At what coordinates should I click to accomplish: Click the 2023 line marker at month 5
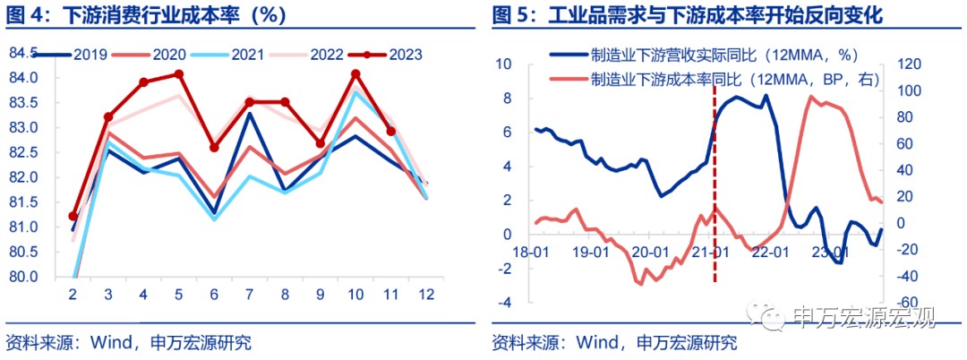coord(179,74)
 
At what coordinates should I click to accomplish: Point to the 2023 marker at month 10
coord(356,74)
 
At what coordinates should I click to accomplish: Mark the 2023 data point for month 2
coord(73,217)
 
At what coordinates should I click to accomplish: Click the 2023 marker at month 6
coord(214,147)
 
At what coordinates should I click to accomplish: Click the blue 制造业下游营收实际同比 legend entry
coord(707,55)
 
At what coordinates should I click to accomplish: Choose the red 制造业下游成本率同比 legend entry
coord(725,79)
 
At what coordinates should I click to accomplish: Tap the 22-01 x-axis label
coord(771,253)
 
